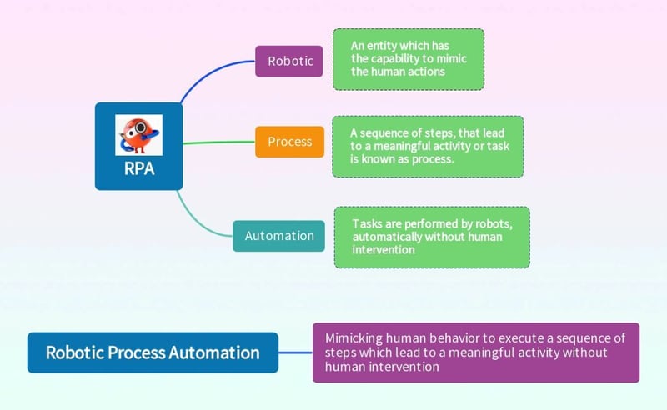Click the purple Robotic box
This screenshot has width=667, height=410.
click(288, 61)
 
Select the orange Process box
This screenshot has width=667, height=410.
click(289, 142)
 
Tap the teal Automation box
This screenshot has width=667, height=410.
click(279, 236)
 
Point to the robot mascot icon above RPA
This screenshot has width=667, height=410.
click(138, 136)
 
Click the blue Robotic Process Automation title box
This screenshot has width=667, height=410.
click(153, 352)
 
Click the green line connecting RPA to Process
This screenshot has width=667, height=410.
click(218, 142)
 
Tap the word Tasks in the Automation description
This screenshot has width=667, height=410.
click(368, 224)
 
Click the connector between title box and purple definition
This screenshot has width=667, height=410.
click(295, 352)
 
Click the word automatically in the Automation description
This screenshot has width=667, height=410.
click(388, 237)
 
